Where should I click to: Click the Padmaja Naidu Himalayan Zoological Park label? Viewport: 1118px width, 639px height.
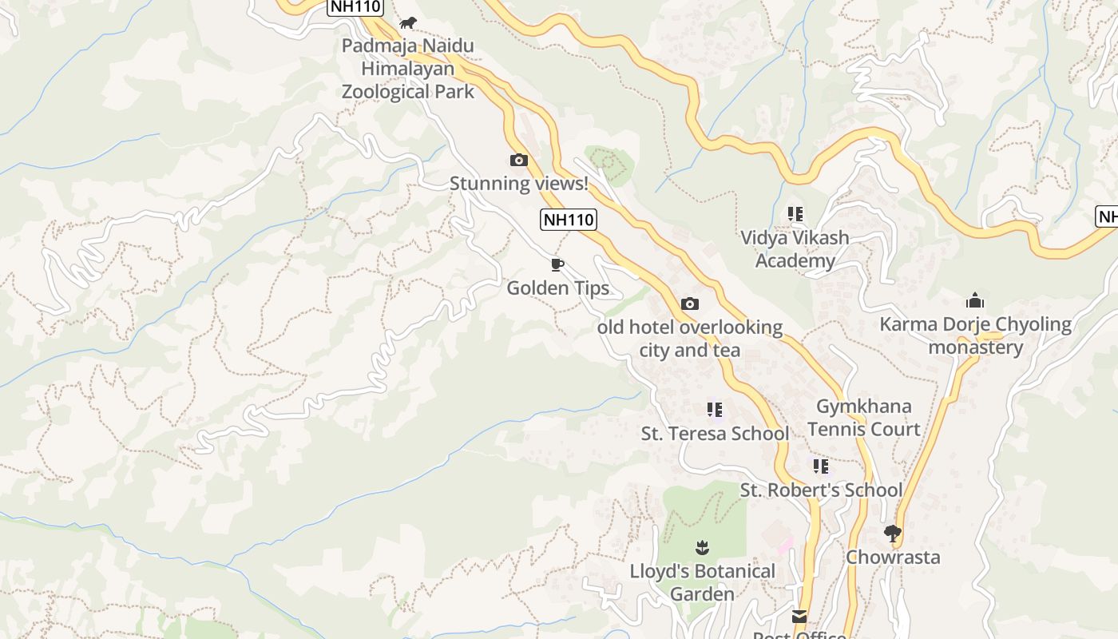point(408,69)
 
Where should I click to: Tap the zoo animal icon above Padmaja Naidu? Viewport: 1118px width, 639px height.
point(408,22)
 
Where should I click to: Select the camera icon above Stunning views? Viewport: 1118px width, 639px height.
point(518,161)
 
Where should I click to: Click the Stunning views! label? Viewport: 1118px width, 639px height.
point(518,184)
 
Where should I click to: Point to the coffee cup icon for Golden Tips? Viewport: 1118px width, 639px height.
point(557,264)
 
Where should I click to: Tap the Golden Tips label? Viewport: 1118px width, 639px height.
point(557,288)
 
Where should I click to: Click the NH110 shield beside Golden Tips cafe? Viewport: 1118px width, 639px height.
point(569,220)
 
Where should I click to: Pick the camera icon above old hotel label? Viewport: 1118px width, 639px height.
point(690,304)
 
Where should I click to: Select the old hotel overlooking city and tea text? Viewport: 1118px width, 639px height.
point(690,339)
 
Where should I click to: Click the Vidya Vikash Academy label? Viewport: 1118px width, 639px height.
point(795,249)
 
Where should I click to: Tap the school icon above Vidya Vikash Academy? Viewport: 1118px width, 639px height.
point(795,214)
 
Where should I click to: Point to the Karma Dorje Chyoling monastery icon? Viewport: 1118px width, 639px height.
point(974,301)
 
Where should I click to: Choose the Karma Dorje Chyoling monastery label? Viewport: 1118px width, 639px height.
point(975,335)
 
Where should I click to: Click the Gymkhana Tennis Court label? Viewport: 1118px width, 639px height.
point(863,418)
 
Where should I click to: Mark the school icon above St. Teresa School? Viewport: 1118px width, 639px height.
point(715,410)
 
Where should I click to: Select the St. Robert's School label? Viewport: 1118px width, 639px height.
point(821,490)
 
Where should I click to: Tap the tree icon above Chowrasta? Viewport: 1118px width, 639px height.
point(893,533)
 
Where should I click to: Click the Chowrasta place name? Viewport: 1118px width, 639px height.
point(893,557)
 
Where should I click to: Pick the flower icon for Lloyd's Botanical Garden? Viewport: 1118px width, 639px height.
point(702,547)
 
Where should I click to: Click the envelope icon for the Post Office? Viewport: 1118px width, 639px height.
point(799,616)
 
